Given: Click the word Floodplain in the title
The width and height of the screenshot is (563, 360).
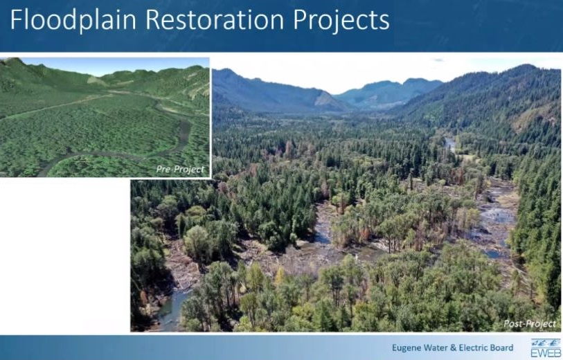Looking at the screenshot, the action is click(x=73, y=20).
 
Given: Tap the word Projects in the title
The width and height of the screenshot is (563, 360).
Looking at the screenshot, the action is click(x=341, y=21).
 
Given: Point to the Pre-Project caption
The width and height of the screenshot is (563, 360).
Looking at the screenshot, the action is click(x=180, y=170).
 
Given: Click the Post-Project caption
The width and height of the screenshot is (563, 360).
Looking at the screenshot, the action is click(x=530, y=324).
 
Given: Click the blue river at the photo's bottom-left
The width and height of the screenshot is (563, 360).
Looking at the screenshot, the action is click(x=172, y=309).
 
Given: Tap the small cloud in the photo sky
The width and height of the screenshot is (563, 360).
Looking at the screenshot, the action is click(x=438, y=60).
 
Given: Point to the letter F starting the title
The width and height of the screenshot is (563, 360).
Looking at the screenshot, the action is click(x=16, y=19).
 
